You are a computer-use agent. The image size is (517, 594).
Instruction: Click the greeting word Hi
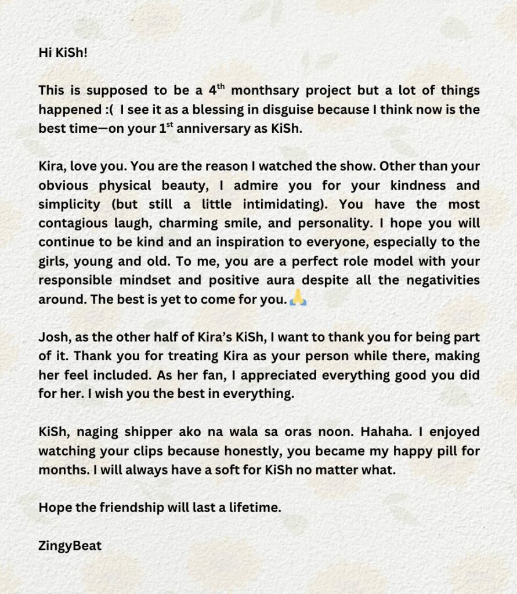tap(46, 53)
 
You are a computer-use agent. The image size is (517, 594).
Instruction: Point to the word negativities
tap(440, 280)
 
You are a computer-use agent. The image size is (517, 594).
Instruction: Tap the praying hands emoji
tap(297, 299)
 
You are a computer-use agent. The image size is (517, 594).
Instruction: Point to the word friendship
tap(129, 508)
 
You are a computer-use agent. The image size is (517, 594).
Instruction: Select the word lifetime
tap(254, 508)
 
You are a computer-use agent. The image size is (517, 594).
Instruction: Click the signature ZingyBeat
tap(70, 546)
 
